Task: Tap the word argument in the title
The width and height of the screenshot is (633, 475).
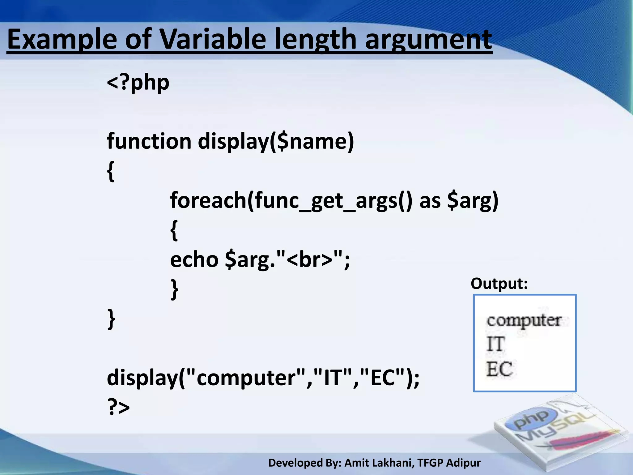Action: [428, 40]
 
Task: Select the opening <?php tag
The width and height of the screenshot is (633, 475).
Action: [138, 83]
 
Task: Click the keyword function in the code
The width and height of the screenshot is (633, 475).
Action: [149, 141]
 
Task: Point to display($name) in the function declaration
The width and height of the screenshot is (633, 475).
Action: [276, 141]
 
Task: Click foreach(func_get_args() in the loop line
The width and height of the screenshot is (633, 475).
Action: [291, 200]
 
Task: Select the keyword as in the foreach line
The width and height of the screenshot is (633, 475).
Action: [430, 200]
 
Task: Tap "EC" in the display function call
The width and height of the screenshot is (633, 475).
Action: [382, 378]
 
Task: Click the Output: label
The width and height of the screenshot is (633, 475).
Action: [499, 283]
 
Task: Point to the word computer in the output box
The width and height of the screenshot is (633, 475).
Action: [524, 320]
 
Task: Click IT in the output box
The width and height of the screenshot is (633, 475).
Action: [496, 344]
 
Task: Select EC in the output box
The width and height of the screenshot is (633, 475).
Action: [499, 369]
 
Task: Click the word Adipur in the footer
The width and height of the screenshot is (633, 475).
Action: [463, 463]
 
